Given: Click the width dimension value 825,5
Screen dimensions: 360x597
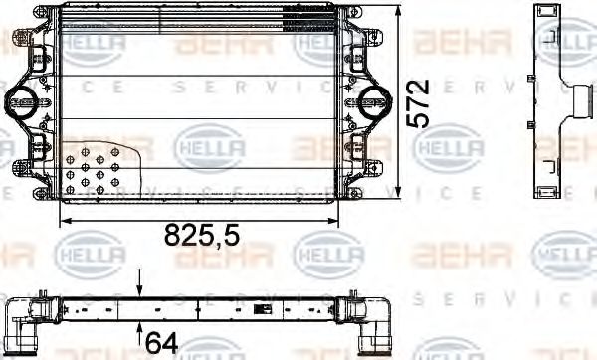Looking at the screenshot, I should (203, 236).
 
